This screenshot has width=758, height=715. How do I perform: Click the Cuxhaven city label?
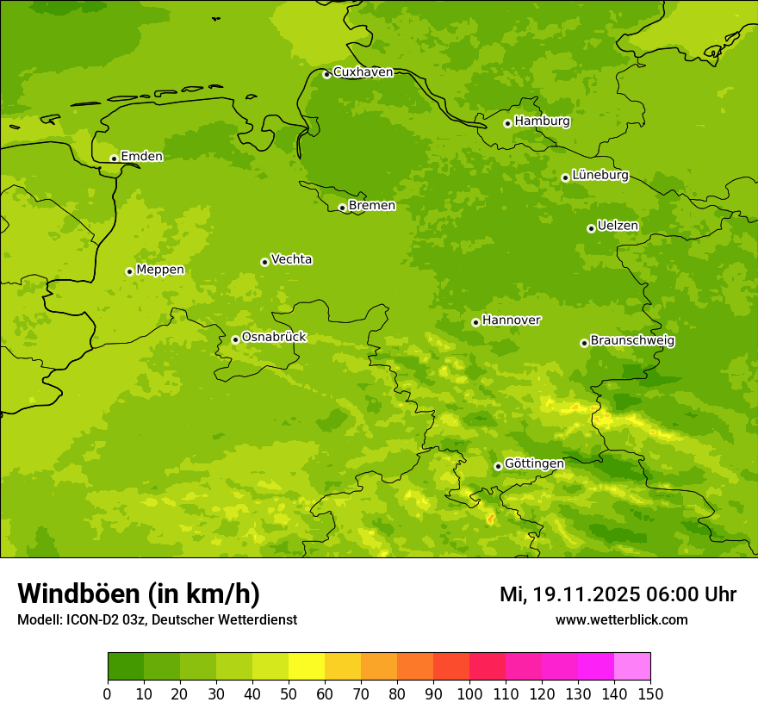[363, 72]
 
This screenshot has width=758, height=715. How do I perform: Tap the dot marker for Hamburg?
[508, 123]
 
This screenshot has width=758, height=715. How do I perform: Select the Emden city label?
[141, 157]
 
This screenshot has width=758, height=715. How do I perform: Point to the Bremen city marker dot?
[342, 208]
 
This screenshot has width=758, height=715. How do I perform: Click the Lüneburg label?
[600, 175]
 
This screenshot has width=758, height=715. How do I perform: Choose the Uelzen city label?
[618, 226]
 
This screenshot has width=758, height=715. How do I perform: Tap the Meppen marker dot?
[130, 271]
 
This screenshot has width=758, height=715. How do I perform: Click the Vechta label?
[291, 259]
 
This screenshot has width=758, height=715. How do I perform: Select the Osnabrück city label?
[274, 337]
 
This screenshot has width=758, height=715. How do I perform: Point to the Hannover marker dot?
[475, 322]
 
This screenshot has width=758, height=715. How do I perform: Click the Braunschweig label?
[632, 341]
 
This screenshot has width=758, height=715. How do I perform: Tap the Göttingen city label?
[534, 463]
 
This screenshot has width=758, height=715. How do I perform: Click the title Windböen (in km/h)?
[139, 594]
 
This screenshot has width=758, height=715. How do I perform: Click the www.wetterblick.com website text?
[621, 619]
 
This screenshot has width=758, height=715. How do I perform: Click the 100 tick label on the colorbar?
[469, 693]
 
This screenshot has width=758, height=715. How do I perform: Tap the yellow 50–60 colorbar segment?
[307, 667]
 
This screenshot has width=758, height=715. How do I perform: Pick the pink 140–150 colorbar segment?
[632, 667]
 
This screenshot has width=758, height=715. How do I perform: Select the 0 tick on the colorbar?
[108, 693]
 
